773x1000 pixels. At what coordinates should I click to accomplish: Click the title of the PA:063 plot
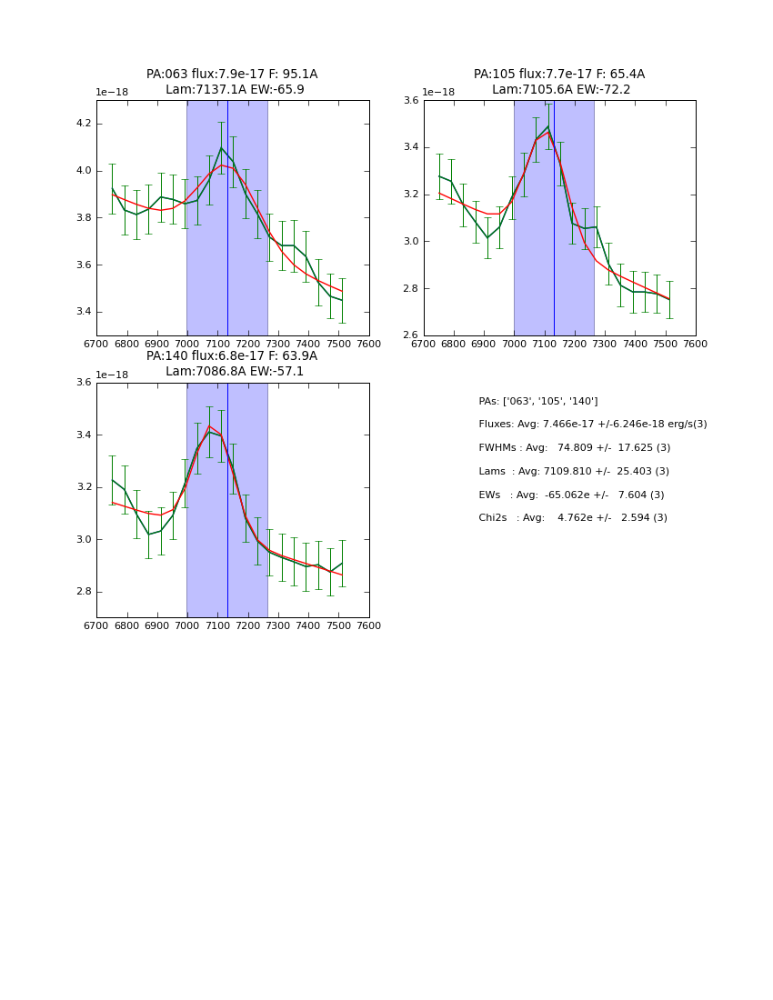(x=232, y=82)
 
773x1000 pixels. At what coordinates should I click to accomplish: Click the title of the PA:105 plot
(x=559, y=82)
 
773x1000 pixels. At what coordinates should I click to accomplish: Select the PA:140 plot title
(x=232, y=364)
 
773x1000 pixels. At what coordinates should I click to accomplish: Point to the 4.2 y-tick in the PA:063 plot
(x=84, y=124)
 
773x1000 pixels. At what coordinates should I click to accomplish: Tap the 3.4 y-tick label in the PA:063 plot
(x=84, y=312)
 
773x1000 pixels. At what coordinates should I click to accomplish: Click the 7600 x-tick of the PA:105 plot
(x=696, y=345)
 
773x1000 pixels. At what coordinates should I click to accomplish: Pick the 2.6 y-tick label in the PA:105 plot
(x=411, y=335)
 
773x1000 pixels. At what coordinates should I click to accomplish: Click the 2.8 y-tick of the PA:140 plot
(x=84, y=592)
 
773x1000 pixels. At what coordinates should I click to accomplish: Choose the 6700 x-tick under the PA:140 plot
(x=96, y=626)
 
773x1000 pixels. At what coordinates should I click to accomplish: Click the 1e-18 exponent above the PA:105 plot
(x=439, y=93)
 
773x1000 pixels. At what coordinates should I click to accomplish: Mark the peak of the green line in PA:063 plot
(x=221, y=147)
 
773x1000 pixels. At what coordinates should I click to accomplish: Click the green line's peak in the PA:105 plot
(x=547, y=127)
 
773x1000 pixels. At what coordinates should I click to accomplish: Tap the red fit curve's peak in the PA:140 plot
(x=209, y=425)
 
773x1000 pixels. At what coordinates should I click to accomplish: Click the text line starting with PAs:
(x=538, y=402)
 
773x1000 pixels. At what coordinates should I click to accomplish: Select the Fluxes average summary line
(x=593, y=425)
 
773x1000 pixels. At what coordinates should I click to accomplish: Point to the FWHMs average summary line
(x=575, y=448)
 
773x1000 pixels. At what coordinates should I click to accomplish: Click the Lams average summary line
(x=574, y=472)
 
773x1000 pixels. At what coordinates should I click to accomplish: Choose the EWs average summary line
(x=571, y=495)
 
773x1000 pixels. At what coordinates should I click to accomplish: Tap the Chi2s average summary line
(x=573, y=518)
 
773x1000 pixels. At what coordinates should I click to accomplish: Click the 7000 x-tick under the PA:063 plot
(x=187, y=345)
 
